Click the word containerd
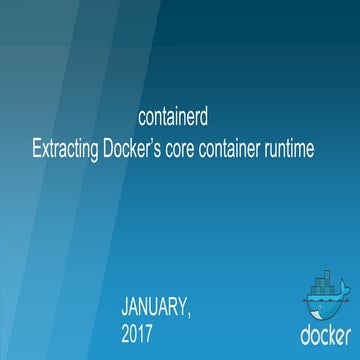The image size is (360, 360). point(175,117)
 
